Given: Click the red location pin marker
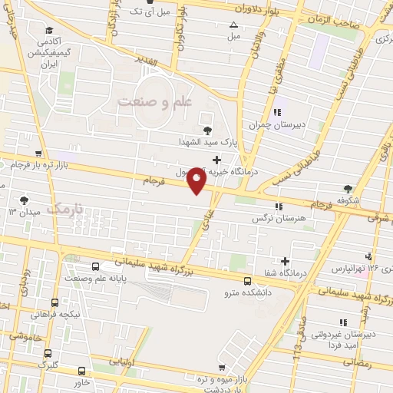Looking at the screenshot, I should point(197,180).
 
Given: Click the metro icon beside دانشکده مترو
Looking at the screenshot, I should point(246,280).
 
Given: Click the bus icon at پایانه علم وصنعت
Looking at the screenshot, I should point(95,267).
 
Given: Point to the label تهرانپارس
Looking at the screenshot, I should point(352,269).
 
